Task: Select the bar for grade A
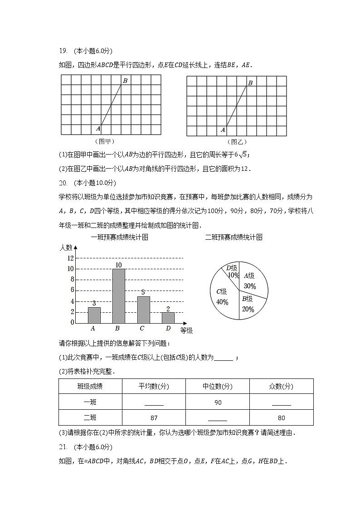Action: tap(94, 315)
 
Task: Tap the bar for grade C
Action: tap(143, 310)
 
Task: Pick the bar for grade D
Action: tap(168, 318)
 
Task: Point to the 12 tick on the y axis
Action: tap(71, 258)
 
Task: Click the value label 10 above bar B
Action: tap(118, 265)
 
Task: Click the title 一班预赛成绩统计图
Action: tap(120, 237)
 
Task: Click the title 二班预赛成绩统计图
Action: tap(234, 237)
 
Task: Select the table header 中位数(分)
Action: tap(217, 387)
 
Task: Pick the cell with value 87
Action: tap(154, 418)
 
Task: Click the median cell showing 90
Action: tap(217, 402)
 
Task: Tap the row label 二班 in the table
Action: tap(90, 418)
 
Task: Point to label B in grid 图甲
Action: tap(125, 81)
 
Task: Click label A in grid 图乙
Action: tap(223, 130)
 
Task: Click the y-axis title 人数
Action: tap(66, 247)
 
